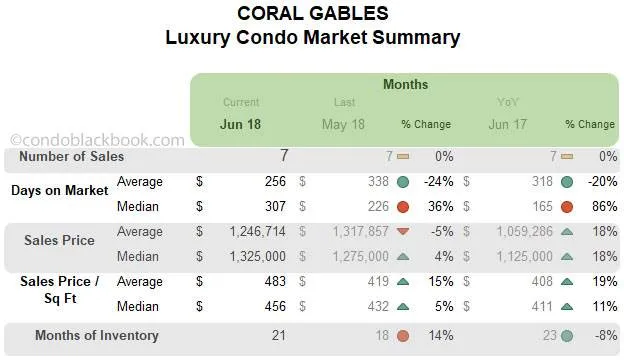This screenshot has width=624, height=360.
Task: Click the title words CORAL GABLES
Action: (312, 14)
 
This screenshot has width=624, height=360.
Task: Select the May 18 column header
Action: (345, 124)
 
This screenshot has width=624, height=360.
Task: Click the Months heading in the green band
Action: (405, 85)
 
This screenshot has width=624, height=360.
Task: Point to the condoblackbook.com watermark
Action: (97, 141)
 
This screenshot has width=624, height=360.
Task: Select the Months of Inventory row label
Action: (96, 336)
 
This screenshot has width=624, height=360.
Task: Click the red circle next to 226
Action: (403, 207)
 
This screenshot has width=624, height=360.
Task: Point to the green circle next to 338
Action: (403, 182)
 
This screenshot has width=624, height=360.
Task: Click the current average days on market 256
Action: (275, 182)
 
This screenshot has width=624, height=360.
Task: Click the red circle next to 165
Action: (567, 207)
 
